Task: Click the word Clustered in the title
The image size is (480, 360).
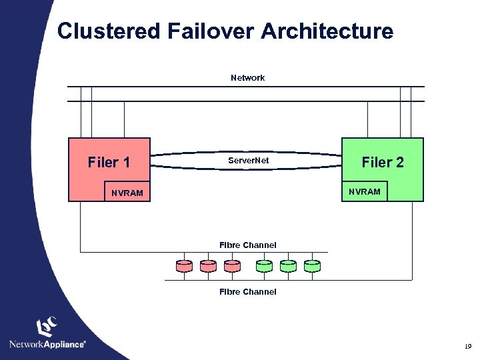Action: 109,31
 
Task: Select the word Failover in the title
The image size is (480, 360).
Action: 211,31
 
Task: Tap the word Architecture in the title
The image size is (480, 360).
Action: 327,31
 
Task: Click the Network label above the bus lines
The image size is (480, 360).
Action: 247,78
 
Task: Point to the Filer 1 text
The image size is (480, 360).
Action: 109,162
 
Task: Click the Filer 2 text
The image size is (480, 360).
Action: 383,162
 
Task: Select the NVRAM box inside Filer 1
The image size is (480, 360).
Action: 127,191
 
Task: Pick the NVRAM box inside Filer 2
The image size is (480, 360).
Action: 365,191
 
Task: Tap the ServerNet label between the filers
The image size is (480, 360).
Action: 248,161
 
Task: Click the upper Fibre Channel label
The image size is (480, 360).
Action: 247,245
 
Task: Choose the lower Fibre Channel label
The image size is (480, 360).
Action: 247,292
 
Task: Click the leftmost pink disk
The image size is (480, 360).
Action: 184,266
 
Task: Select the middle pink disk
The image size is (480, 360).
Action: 208,266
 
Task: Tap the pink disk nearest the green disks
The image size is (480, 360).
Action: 232,266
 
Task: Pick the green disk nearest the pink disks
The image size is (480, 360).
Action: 264,266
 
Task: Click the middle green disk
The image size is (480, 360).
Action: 289,266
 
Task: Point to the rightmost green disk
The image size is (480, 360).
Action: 312,266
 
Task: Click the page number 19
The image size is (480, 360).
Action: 468,346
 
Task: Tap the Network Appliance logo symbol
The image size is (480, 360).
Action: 47,326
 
